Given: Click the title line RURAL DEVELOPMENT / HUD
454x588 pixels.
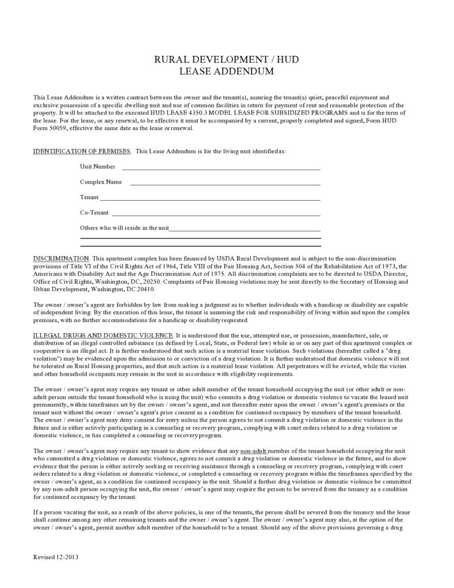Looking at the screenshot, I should tap(226, 60).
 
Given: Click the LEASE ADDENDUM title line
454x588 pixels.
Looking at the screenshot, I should tap(226, 71).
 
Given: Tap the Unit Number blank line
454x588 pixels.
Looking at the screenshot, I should tap(221, 169).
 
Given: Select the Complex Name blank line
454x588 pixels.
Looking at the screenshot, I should tap(225, 184).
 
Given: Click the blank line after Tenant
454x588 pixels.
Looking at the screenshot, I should tap(210, 200).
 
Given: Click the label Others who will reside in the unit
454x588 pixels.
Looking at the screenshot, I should tap(124, 228).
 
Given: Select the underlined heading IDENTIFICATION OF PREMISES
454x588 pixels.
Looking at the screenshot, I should tap(82, 151).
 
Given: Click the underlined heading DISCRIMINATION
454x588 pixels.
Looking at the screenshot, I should tap(61, 259).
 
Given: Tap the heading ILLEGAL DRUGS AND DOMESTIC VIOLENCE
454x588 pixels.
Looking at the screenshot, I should tap(103, 335).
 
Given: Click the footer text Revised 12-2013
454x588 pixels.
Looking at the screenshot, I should tap(56, 558).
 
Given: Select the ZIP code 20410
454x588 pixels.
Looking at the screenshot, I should tap(145, 289).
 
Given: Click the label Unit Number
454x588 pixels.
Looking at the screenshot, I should tap(98, 167).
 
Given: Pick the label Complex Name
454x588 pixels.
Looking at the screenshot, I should tap(101, 182).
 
